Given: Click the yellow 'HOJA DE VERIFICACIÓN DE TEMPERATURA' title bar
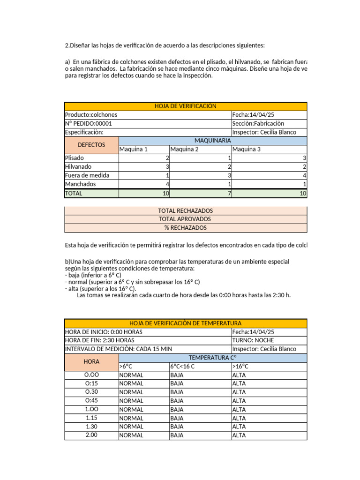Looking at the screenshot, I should pos(185,323).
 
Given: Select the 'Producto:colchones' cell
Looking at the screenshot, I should pos(91,115).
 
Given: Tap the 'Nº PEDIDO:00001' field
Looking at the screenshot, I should pos(89,124).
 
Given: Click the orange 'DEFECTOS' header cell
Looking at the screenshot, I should pos(91,145).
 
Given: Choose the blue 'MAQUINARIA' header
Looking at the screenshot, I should pos(213,141).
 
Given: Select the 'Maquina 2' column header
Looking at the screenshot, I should pos(185,150).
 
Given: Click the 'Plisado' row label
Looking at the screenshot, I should pos(75,158).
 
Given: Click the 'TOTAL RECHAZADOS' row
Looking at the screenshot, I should pos(186,211).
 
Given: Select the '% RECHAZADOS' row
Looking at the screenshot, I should pos(186,228).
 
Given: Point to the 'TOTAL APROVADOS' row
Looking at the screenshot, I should pos(186,219).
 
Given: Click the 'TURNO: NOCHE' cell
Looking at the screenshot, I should pos(254,340).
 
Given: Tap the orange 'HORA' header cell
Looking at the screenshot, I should pos(91,362).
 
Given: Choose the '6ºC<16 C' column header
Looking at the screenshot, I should pos(183,367).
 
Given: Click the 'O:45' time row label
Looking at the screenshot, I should pos(91,401).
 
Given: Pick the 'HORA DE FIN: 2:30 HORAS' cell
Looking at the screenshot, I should pos(100,340).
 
